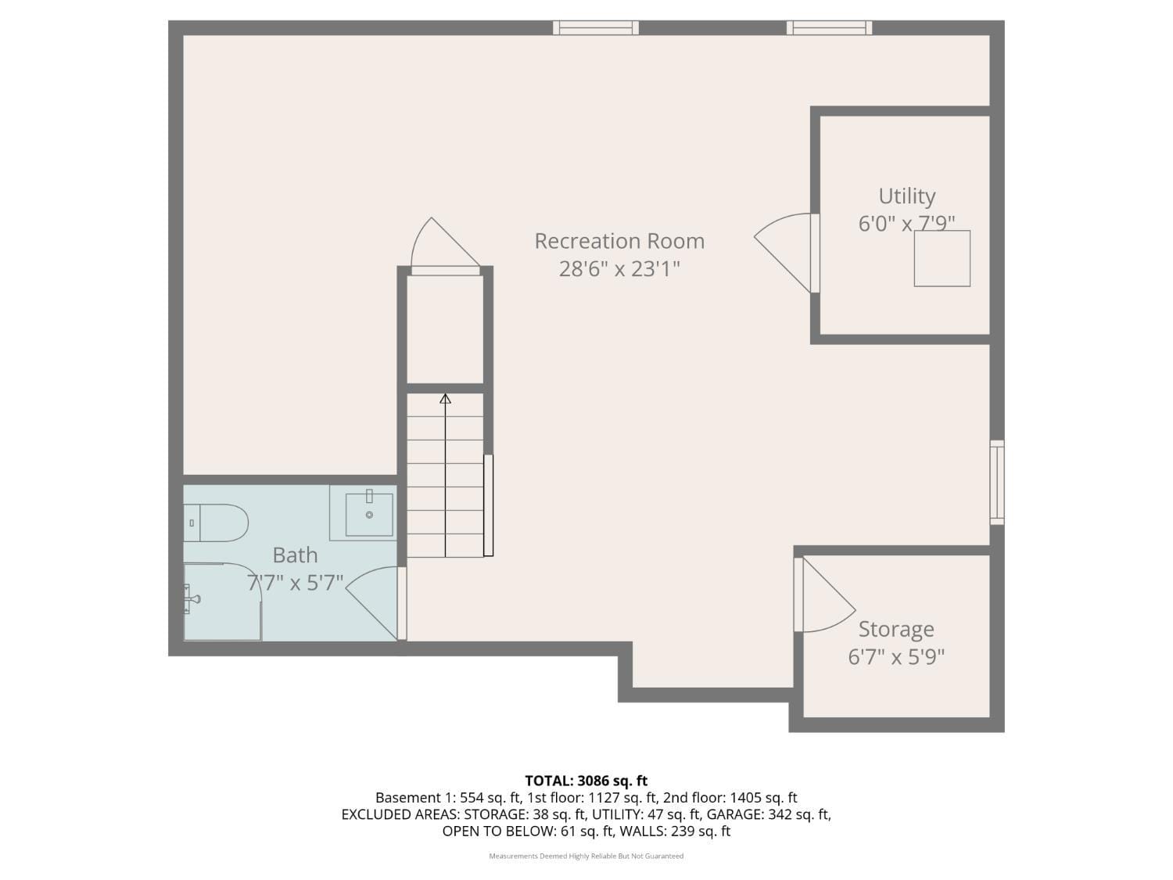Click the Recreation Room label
pyautogui.click(x=619, y=241)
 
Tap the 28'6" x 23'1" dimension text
pyautogui.click(x=619, y=269)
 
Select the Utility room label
pyautogui.click(x=906, y=196)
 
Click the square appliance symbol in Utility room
pyautogui.click(x=942, y=258)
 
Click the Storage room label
pyautogui.click(x=896, y=629)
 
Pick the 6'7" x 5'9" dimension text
pyautogui.click(x=896, y=656)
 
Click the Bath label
pyautogui.click(x=295, y=555)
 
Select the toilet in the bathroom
pyautogui.click(x=216, y=523)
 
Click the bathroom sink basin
pyautogui.click(x=369, y=514)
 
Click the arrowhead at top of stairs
pyautogui.click(x=445, y=398)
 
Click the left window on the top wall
pyautogui.click(x=596, y=28)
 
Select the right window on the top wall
pyautogui.click(x=829, y=28)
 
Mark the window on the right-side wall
pyautogui.click(x=997, y=482)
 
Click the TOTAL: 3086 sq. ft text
pyautogui.click(x=586, y=781)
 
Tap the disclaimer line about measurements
pyautogui.click(x=586, y=856)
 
